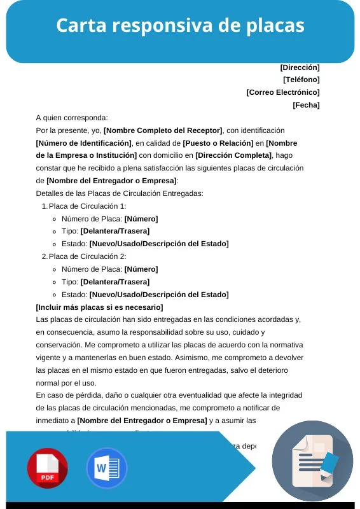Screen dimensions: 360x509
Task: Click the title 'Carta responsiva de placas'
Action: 180,26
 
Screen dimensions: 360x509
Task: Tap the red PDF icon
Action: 47,468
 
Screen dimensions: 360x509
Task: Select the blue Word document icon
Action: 106,468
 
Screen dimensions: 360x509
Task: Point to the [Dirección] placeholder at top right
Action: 300,67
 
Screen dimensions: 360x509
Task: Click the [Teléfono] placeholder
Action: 301,80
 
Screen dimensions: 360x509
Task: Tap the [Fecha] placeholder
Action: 306,105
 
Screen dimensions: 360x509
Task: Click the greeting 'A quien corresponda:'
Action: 72,118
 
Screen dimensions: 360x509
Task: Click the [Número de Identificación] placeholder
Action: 84,143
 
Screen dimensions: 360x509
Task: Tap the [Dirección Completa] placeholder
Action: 233,155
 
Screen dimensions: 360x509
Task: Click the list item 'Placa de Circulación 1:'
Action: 87,206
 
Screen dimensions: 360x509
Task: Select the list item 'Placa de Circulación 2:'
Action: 87,256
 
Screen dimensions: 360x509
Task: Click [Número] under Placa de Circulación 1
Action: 141,218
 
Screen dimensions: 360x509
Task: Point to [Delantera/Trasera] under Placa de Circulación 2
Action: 114,282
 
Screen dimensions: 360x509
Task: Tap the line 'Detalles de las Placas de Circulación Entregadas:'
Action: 120,193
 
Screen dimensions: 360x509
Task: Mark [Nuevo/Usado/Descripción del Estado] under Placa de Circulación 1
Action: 158,244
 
